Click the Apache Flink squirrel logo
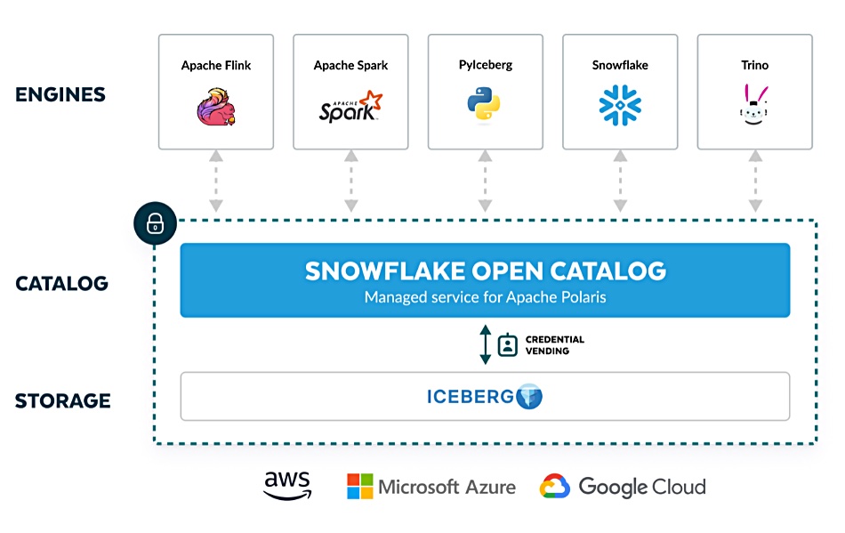click(216, 107)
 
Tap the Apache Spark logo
click(350, 107)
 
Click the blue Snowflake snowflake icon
click(620, 105)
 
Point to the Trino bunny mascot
click(754, 104)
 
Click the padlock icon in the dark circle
click(155, 223)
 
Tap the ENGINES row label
click(60, 94)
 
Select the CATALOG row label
click(62, 284)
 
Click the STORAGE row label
click(62, 401)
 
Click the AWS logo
click(288, 485)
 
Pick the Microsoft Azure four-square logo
click(360, 486)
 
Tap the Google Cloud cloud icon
click(554, 486)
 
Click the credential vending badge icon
click(508, 345)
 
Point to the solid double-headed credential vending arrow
click(485, 345)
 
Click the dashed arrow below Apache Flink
click(216, 182)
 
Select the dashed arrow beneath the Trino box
click(755, 182)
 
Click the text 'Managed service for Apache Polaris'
click(485, 297)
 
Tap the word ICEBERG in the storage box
click(471, 397)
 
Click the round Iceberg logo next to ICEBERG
click(529, 397)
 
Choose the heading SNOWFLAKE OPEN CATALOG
click(486, 271)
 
